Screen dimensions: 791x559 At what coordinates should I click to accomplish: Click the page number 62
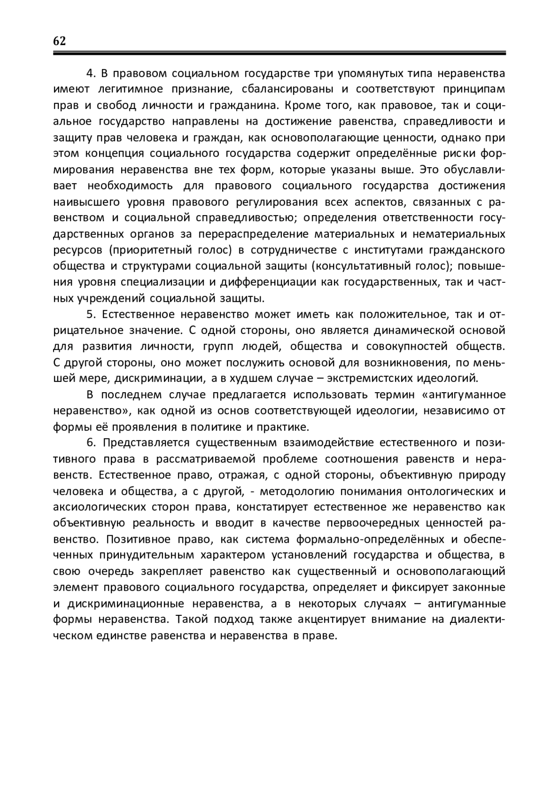pos(60,41)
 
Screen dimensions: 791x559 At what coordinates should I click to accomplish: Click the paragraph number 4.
pos(91,74)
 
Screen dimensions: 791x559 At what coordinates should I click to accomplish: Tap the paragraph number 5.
pos(91,314)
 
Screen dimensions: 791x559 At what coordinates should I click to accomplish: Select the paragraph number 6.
pos(91,442)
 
